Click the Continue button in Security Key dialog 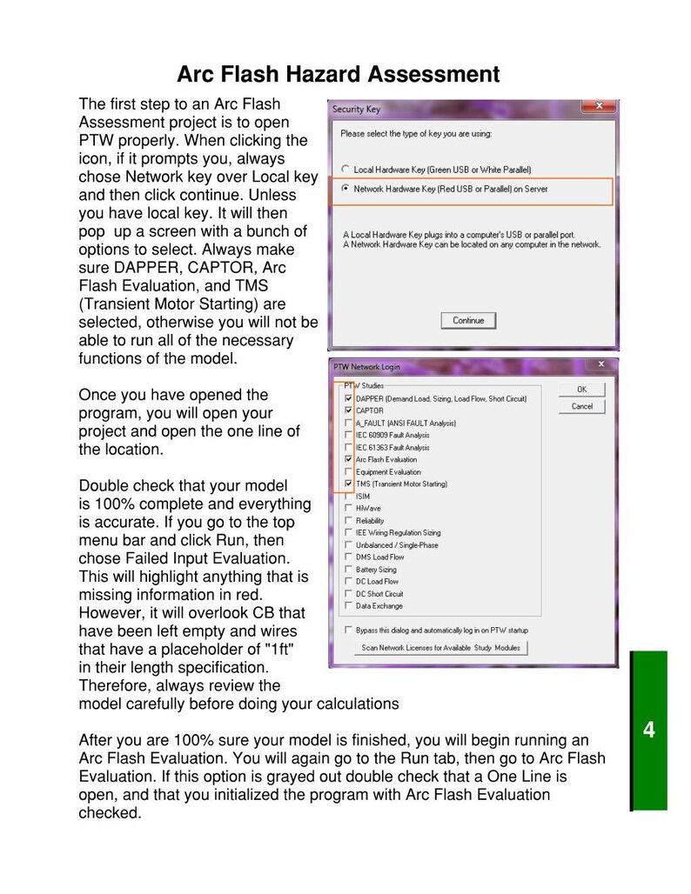pyautogui.click(x=468, y=320)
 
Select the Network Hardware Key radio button pyautogui.click(x=346, y=189)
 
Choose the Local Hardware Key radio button pyautogui.click(x=346, y=169)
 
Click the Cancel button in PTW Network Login pyautogui.click(x=581, y=406)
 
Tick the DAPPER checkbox pyautogui.click(x=349, y=399)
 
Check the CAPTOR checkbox pyautogui.click(x=349, y=410)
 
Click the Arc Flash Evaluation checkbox pyautogui.click(x=349, y=459)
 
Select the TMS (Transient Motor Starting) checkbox pyautogui.click(x=349, y=484)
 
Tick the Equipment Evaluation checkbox pyautogui.click(x=349, y=471)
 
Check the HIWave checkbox pyautogui.click(x=349, y=508)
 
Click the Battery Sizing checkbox pyautogui.click(x=349, y=570)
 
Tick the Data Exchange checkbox pyautogui.click(x=349, y=606)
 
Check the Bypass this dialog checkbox pyautogui.click(x=349, y=630)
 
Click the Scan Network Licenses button pyautogui.click(x=441, y=648)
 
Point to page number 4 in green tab pyautogui.click(x=648, y=730)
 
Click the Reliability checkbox pyautogui.click(x=349, y=520)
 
